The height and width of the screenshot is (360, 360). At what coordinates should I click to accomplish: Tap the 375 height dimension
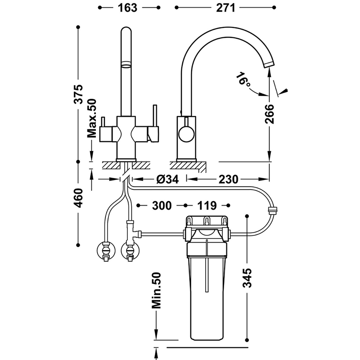[x=79, y=94]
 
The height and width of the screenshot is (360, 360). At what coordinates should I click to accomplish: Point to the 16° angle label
[x=243, y=81]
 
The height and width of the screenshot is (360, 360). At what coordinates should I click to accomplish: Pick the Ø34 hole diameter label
[x=167, y=180]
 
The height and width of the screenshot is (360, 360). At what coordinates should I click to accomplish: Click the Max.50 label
[x=92, y=118]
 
